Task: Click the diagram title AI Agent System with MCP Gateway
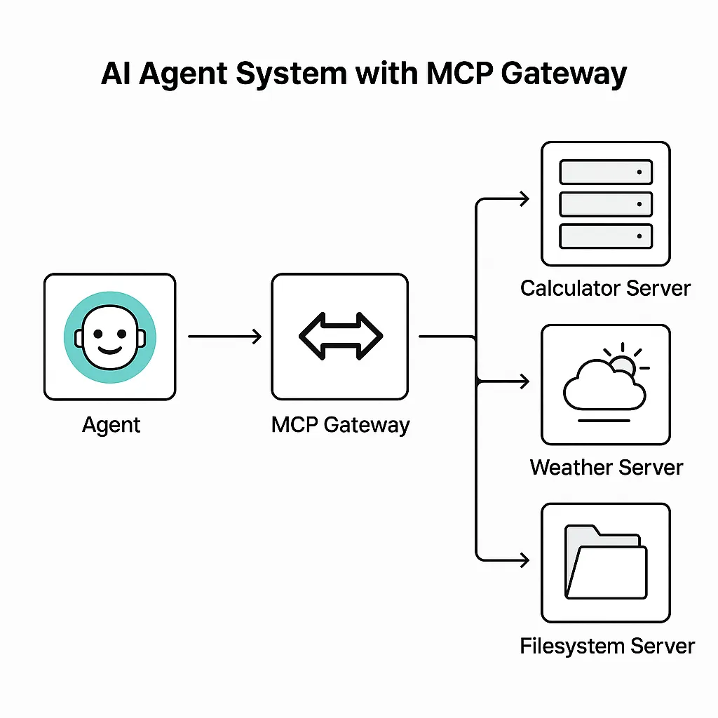point(363,74)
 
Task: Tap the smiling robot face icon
point(109,337)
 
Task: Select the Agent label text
point(111,425)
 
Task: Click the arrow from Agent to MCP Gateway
point(224,337)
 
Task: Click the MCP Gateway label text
point(340,425)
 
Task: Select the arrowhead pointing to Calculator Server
point(522,201)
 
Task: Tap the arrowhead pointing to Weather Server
point(522,381)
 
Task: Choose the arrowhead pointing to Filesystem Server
point(522,560)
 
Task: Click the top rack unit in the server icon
point(606,172)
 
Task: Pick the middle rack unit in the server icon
point(606,204)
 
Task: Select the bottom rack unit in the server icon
point(606,236)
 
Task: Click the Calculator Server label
point(605,288)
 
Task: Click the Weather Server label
point(607,467)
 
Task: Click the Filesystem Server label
point(607,646)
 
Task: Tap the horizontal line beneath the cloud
point(605,421)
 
